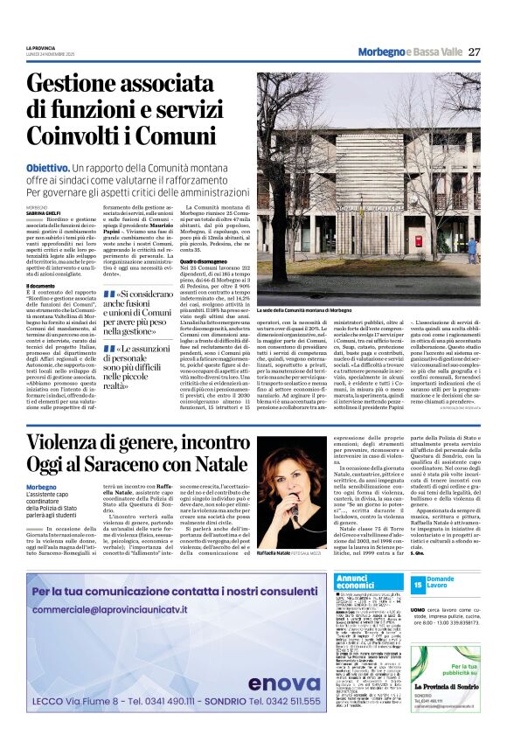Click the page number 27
point(475,52)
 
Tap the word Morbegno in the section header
point(380,52)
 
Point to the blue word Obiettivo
point(72,166)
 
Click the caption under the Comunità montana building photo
point(305,310)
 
